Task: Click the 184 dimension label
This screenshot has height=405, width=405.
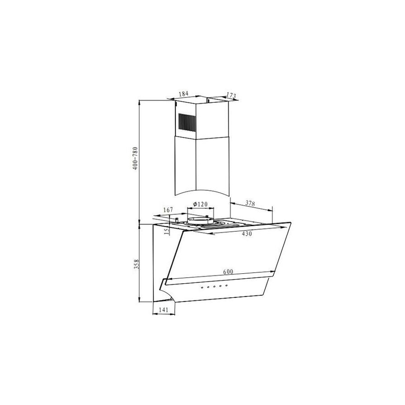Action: [x=184, y=93]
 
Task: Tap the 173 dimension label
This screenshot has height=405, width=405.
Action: [x=231, y=96]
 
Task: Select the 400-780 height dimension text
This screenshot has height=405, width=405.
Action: [x=136, y=158]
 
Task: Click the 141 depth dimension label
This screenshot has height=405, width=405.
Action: [x=163, y=309]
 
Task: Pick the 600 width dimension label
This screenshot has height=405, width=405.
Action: [x=228, y=271]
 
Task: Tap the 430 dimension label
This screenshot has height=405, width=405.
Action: [x=247, y=234]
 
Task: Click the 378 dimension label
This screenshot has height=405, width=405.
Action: [x=250, y=203]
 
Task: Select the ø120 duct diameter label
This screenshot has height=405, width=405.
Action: [x=201, y=204]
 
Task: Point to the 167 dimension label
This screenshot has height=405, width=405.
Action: [x=168, y=210]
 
